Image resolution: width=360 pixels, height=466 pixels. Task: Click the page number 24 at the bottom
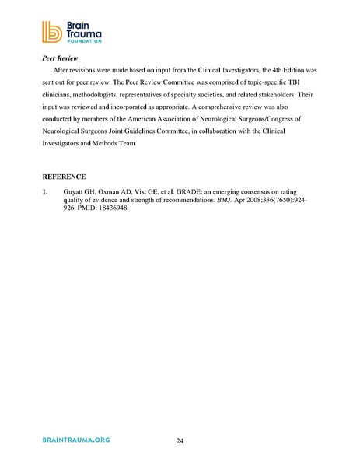point(180,441)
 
